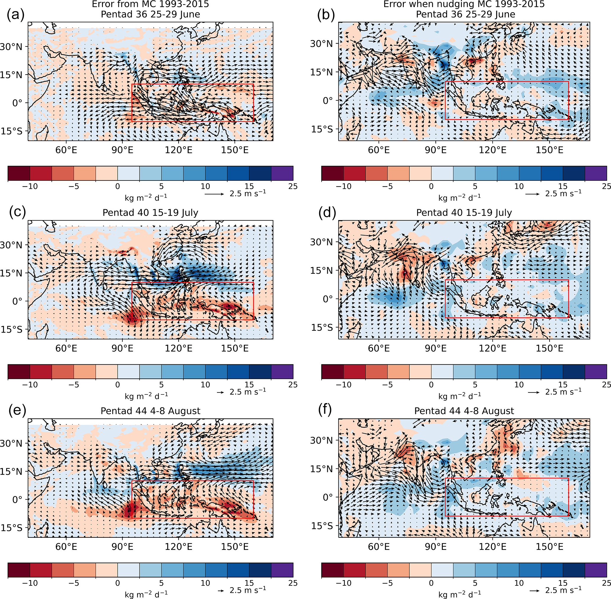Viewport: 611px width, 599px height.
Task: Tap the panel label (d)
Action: pos(327,213)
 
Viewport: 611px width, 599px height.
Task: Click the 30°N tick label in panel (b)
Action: pos(321,44)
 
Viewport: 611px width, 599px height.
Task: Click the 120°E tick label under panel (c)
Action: pos(179,348)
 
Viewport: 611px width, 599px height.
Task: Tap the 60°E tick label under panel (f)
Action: pos(379,547)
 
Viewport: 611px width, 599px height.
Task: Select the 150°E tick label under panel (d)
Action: pos(550,348)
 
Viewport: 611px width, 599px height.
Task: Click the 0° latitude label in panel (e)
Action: pos(17,499)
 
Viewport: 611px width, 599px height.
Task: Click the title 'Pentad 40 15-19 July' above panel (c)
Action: pos(150,213)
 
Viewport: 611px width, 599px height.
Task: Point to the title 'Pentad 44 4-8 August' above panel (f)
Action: pos(464,411)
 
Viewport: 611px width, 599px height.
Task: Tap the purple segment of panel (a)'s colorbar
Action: pos(282,173)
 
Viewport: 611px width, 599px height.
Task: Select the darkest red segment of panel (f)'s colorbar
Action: pos(332,570)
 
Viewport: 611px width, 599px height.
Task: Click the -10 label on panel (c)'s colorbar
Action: pos(30,384)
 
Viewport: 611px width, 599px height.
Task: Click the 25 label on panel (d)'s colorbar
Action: pos(606,384)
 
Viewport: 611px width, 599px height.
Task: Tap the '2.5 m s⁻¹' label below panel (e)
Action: pos(248,590)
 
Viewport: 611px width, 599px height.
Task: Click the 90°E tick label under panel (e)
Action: pos(123,547)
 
